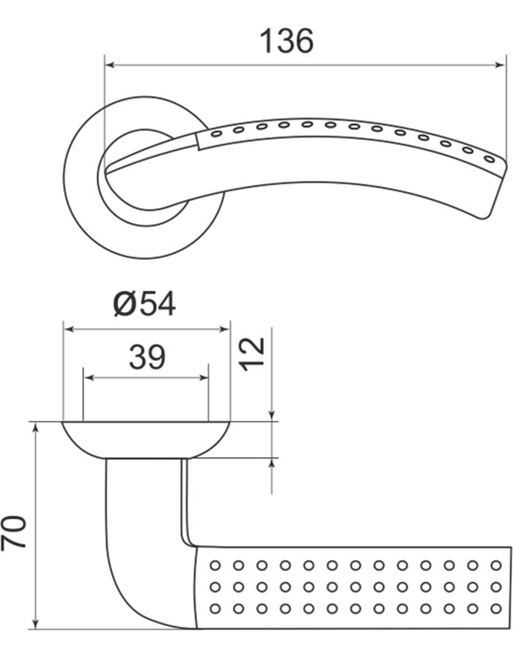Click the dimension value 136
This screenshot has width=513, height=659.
(x=287, y=41)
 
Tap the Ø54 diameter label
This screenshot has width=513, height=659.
(x=144, y=304)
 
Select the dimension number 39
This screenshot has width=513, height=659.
(x=147, y=357)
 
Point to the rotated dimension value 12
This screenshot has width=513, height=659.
(x=252, y=354)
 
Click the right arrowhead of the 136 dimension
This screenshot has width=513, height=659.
(x=499, y=65)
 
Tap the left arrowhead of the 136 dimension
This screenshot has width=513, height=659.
(x=110, y=65)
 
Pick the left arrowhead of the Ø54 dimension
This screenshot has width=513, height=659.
(x=69, y=329)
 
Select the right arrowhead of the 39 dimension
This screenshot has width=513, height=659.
(x=203, y=378)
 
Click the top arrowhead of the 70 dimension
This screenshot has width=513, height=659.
(x=36, y=428)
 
